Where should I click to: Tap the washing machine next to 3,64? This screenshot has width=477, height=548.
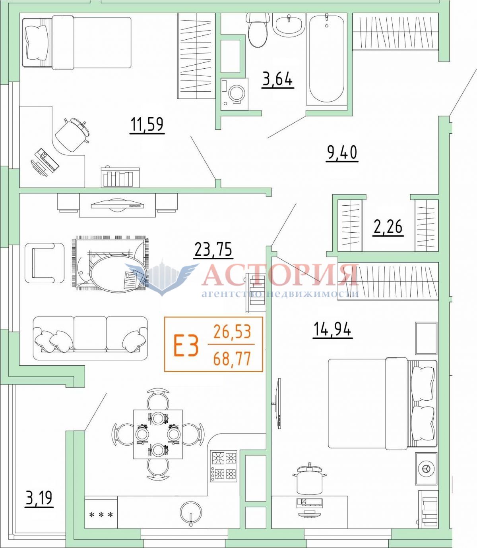point(235,94)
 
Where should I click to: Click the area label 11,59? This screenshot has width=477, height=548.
point(147,125)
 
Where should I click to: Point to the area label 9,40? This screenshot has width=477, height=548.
point(342,153)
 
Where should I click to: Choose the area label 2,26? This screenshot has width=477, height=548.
point(388,227)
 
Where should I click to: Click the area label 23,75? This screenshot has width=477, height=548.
point(213,250)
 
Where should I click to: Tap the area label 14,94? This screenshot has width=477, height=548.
point(332,330)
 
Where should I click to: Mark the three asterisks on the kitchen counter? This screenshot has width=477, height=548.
point(101,515)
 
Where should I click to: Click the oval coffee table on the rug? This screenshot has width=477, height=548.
point(116,273)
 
